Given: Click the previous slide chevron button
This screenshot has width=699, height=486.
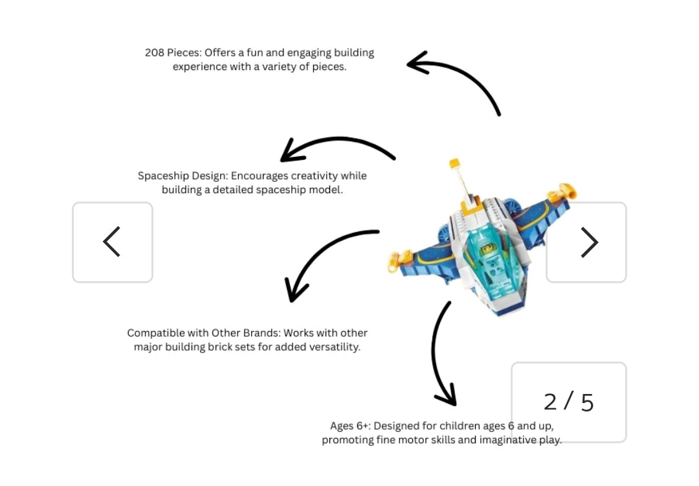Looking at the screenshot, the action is (x=113, y=242).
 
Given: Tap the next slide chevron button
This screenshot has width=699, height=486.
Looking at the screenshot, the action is (x=586, y=242).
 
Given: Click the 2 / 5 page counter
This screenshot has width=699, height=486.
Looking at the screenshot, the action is (x=568, y=402).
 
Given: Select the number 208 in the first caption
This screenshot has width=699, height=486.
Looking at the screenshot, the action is (x=155, y=52).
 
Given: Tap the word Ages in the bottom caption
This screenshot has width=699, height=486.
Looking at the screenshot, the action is (x=342, y=426).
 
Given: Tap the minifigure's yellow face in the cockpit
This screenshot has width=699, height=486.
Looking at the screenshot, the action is (x=488, y=249).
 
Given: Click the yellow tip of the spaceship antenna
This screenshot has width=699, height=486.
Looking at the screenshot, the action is (x=454, y=163).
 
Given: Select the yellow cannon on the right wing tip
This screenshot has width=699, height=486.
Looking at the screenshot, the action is (x=562, y=192).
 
